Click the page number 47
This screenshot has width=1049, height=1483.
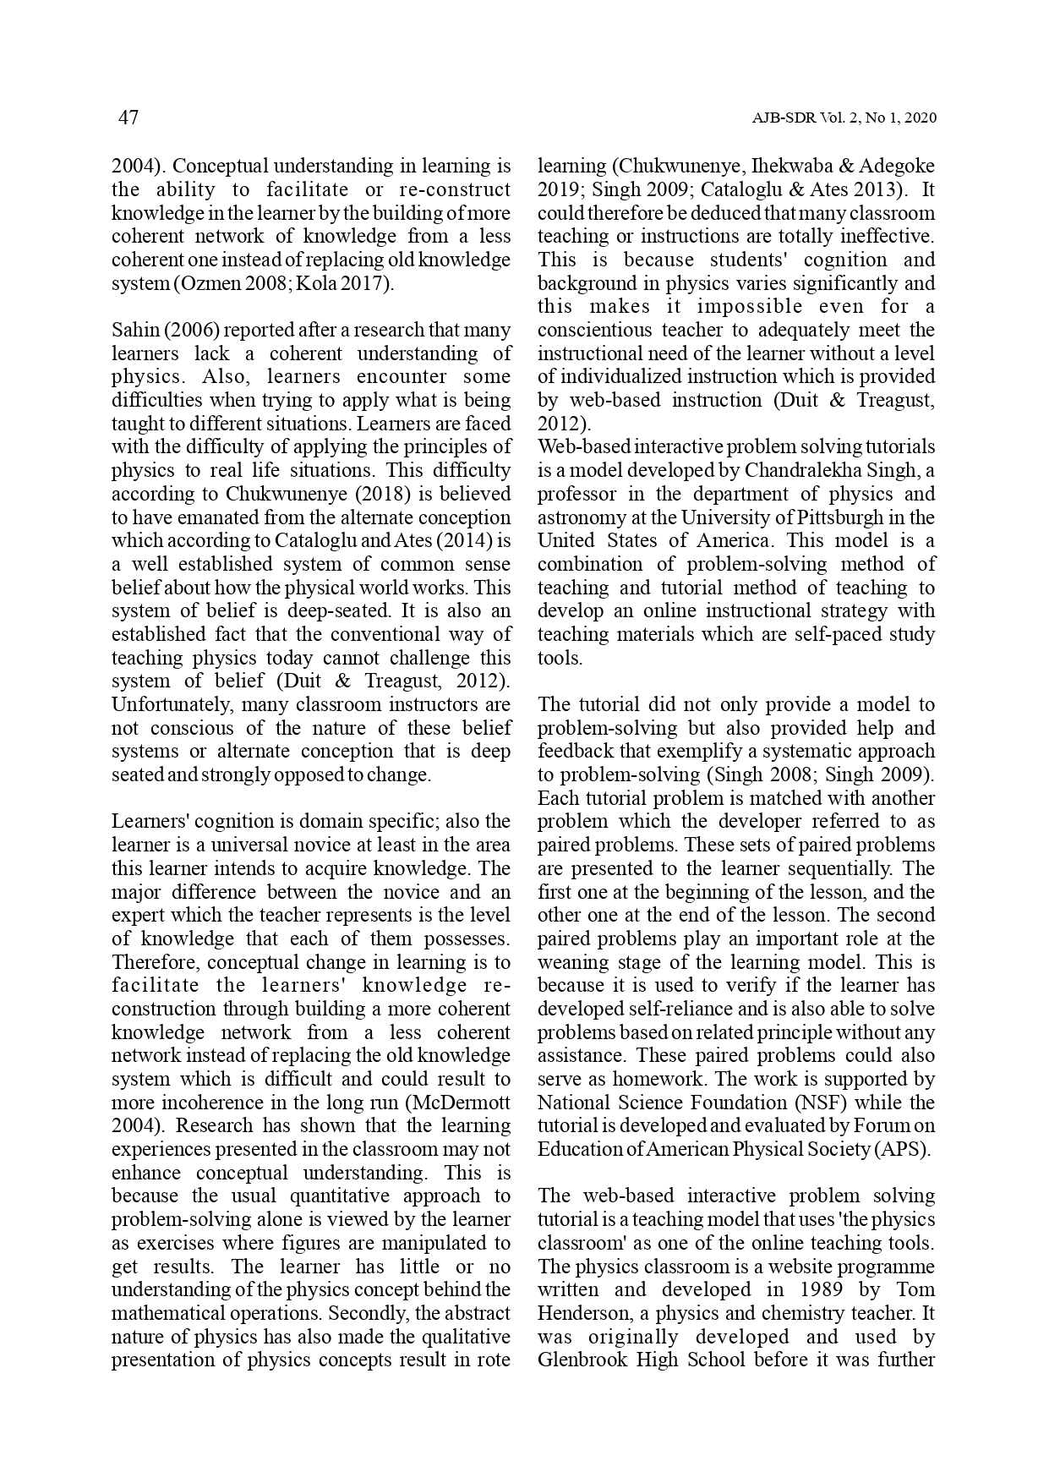pos(128,118)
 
